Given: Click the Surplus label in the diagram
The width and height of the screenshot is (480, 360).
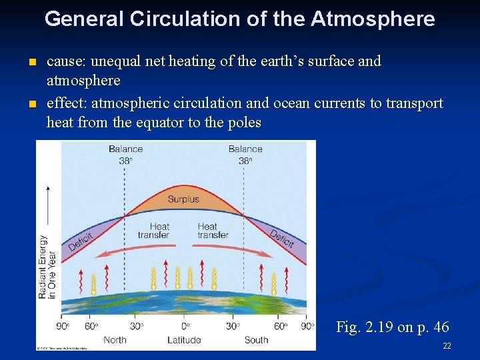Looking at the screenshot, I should click(x=183, y=199).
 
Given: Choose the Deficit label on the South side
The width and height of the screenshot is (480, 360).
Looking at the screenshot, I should click(x=282, y=238).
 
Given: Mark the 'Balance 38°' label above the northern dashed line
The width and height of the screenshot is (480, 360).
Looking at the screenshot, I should click(x=126, y=154).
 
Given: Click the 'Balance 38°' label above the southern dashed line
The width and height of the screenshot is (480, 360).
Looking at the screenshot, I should click(x=245, y=154).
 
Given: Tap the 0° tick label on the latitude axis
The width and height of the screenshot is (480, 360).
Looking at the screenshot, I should click(x=185, y=326).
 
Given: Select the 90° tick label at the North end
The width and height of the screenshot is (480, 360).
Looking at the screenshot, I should click(x=63, y=326).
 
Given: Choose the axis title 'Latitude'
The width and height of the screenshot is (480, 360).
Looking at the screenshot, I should click(x=183, y=340).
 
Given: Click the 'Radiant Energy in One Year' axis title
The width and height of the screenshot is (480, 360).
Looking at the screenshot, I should click(x=47, y=267).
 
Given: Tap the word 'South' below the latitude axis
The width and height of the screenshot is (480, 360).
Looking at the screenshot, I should click(x=256, y=340).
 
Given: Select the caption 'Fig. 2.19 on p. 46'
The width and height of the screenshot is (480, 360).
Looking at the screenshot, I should click(x=392, y=327).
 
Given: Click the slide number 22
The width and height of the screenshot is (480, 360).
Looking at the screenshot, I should click(x=446, y=347).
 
